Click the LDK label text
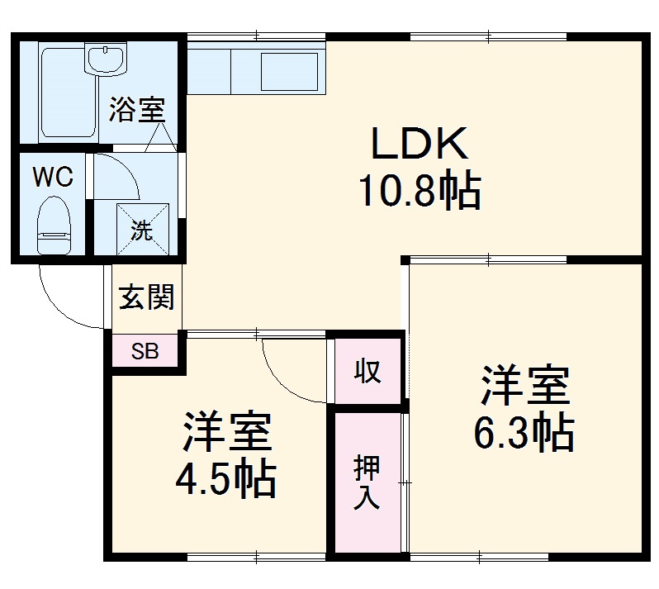tap(420, 145)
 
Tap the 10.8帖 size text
tap(419, 192)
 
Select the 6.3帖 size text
tap(524, 431)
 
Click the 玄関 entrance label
tap(147, 297)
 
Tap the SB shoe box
tap(145, 351)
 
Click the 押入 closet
tap(367, 482)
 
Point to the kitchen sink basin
tap(289, 69)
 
